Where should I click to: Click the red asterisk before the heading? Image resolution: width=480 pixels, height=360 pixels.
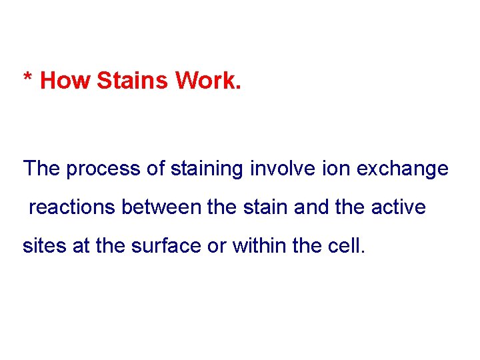(27, 77)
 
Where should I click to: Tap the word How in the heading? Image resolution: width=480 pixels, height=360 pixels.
(65, 81)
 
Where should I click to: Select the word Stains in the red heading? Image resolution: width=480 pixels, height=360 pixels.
(133, 81)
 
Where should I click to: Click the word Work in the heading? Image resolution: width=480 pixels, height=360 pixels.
(205, 81)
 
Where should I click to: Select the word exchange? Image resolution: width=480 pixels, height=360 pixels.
(403, 169)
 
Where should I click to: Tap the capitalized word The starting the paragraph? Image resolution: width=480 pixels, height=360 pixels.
(41, 169)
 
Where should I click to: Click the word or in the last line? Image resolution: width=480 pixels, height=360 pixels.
(217, 246)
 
